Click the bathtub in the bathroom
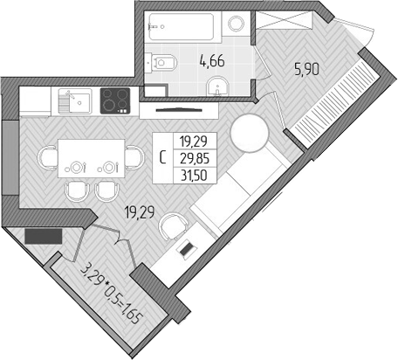(182, 26)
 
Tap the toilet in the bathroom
(164, 61)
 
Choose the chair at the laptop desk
(175, 226)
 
